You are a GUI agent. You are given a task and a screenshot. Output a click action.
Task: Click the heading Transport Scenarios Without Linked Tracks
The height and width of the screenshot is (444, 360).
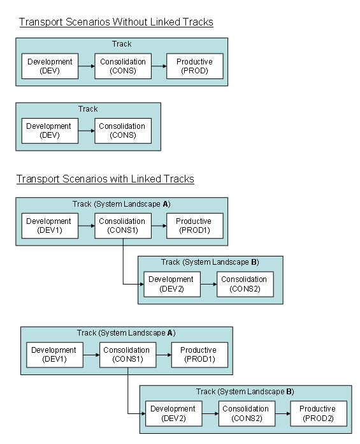pyautogui.click(x=116, y=22)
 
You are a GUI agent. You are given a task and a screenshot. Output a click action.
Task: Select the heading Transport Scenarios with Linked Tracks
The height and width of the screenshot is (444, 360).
pyautogui.click(x=105, y=179)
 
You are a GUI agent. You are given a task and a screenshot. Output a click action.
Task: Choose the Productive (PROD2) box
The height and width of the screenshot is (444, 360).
pyautogui.click(x=317, y=413)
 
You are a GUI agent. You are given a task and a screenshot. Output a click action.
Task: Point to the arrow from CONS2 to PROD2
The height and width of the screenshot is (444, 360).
pyautogui.click(x=281, y=414)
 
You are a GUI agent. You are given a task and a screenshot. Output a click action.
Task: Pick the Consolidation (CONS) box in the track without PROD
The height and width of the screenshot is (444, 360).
pyautogui.click(x=122, y=131)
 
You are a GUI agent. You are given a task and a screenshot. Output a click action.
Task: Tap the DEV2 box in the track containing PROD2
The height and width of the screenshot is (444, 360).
pyautogui.click(x=174, y=413)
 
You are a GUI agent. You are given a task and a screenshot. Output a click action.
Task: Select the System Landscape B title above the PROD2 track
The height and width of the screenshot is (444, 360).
pyautogui.click(x=245, y=392)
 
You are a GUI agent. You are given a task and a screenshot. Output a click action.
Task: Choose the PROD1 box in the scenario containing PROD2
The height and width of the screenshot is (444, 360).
pyautogui.click(x=199, y=355)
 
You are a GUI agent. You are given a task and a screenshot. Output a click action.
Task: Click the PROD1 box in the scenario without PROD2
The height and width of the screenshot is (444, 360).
pyautogui.click(x=194, y=226)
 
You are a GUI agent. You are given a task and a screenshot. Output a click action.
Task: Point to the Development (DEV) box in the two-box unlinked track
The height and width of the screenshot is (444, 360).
pyautogui.click(x=50, y=131)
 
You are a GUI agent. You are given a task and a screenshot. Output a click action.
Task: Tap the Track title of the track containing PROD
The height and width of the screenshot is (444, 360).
pyautogui.click(x=122, y=44)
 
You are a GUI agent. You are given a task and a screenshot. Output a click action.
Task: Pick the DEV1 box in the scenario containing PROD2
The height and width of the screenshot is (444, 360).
pyautogui.click(x=54, y=355)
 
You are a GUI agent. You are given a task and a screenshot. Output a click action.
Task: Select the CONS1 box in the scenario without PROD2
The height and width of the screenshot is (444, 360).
pyautogui.click(x=122, y=226)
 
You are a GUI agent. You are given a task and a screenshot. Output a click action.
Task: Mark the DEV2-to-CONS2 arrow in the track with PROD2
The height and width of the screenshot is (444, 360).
pyautogui.click(x=210, y=414)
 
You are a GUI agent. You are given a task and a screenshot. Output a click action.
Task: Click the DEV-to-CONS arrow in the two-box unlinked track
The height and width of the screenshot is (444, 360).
pyautogui.click(x=87, y=131)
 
